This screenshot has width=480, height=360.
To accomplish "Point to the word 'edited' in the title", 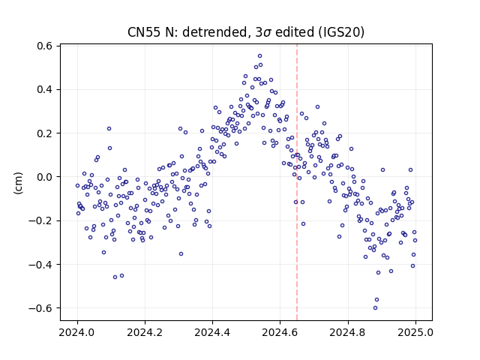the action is [295, 32].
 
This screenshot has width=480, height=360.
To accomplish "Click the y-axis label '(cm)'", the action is [18, 183].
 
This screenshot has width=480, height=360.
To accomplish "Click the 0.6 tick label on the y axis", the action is [45, 46].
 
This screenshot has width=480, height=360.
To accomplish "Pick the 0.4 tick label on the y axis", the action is [45, 90].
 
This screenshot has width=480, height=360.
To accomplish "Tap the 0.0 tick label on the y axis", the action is [45, 177].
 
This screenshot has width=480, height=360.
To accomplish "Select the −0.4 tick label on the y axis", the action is [40, 264].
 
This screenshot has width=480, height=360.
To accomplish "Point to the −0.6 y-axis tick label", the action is [40, 308].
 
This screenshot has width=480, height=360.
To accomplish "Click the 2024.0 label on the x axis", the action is [77, 332].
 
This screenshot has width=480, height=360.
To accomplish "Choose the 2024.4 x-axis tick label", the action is [212, 332].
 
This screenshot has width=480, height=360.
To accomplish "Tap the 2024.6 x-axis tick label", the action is [280, 332].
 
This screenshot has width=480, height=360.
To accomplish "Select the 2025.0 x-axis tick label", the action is [415, 332].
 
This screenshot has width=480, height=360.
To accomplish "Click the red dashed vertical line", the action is [297, 182].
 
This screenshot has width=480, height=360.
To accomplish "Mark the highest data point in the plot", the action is [260, 56].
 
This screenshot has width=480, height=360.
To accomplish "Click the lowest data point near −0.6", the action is [375, 308].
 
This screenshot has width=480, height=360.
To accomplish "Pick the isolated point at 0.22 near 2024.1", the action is [109, 129].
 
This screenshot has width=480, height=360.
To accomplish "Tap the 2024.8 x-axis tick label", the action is [348, 332].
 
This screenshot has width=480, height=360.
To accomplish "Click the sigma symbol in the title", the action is [267, 33].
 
